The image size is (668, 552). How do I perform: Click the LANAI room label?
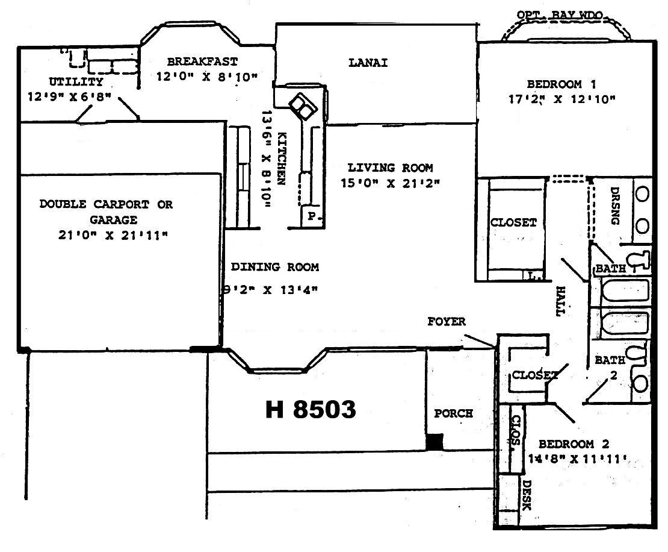(x=368, y=63)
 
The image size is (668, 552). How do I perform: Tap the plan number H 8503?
(x=311, y=410)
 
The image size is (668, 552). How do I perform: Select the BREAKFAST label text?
(x=202, y=61)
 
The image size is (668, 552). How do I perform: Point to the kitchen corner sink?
(x=303, y=106)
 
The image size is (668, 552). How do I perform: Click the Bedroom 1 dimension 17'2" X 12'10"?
(x=562, y=99)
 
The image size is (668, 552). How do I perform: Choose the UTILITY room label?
(x=76, y=81)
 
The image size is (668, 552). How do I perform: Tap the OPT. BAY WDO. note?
(x=560, y=15)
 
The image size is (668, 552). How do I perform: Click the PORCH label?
(x=453, y=413)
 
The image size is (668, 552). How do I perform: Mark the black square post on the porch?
(x=435, y=442)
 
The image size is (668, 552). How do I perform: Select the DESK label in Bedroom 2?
(x=527, y=495)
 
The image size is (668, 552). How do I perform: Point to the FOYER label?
(x=447, y=321)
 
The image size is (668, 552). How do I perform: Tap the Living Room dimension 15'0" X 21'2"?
(x=390, y=183)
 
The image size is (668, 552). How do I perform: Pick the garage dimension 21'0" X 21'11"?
(x=113, y=235)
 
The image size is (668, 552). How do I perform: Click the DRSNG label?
(x=614, y=205)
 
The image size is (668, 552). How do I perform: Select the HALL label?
(x=561, y=301)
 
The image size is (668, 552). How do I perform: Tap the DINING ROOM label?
(x=275, y=267)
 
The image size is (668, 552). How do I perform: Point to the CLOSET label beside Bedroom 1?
(x=513, y=222)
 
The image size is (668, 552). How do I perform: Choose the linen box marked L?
(x=533, y=276)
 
